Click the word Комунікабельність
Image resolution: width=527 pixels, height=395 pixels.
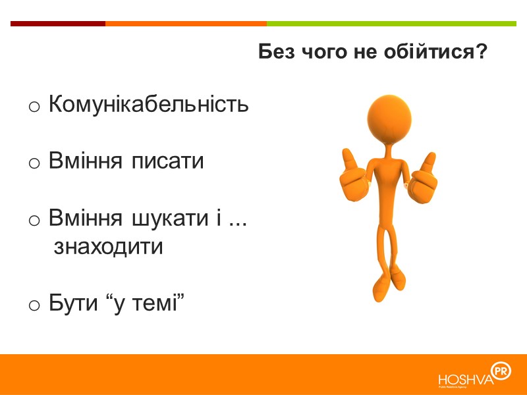(x=149, y=104)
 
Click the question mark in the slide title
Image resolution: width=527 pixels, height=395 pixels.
(x=481, y=52)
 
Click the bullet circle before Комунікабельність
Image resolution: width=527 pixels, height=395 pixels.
(x=35, y=106)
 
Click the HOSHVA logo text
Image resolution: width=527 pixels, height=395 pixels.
(x=465, y=380)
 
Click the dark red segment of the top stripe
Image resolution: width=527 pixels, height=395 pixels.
(x=57, y=24)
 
